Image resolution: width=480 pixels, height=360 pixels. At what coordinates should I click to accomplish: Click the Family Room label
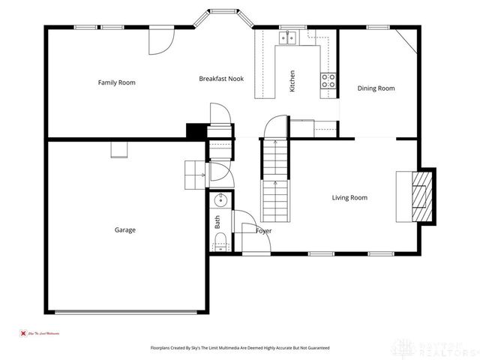[116, 82]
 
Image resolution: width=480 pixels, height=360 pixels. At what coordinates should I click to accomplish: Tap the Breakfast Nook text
[221, 78]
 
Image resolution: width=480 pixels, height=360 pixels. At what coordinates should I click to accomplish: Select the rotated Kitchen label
[292, 81]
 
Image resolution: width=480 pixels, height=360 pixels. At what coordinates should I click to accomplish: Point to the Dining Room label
[376, 88]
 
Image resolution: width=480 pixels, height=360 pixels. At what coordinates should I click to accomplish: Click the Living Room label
[349, 197]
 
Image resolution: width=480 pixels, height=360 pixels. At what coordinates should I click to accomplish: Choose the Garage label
[125, 229]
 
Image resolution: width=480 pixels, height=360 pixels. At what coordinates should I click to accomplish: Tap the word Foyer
[263, 231]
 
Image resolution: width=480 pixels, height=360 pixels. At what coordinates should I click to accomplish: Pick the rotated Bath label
[217, 222]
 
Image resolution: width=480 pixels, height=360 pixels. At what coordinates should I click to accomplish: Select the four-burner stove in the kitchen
[328, 80]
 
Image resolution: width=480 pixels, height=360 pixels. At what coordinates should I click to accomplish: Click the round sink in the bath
[220, 200]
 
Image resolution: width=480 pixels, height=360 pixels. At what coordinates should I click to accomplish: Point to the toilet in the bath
[220, 241]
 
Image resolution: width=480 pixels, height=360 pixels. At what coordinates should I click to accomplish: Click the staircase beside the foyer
[274, 177]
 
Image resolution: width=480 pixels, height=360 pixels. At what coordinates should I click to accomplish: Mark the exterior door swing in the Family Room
[160, 42]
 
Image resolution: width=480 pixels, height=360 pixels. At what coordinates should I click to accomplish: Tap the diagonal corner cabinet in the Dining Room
[406, 38]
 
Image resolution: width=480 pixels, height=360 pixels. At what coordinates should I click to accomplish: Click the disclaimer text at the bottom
[239, 348]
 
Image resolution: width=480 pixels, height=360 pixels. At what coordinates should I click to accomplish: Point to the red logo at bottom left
[23, 332]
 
